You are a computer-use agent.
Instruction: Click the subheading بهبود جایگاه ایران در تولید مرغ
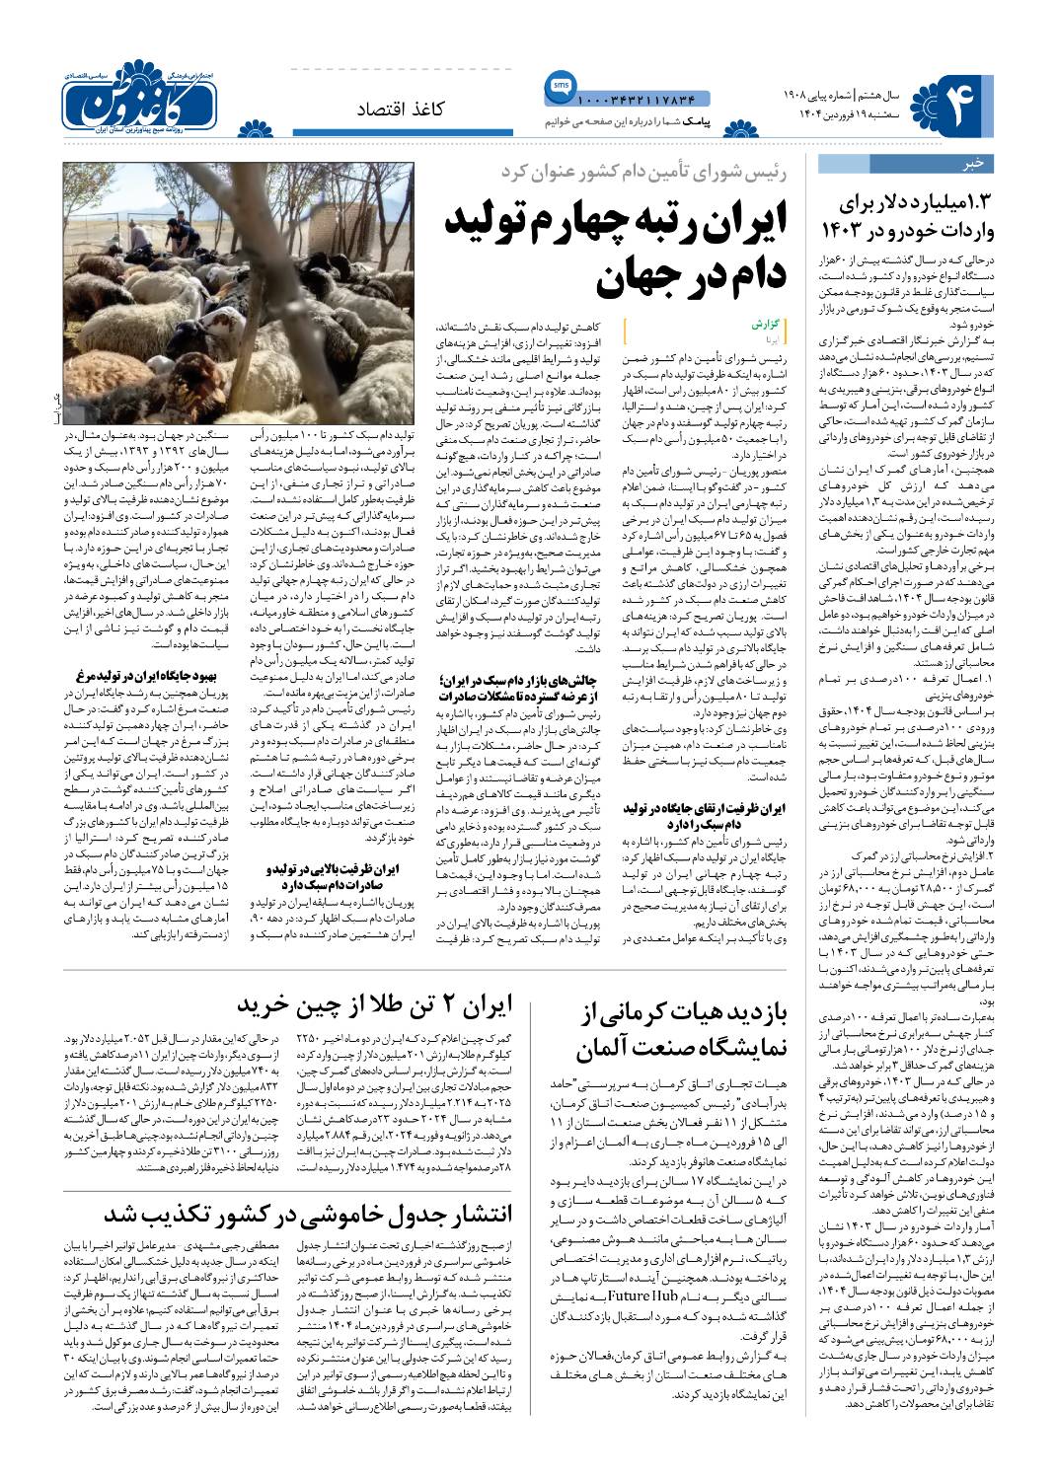[x=142, y=676]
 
